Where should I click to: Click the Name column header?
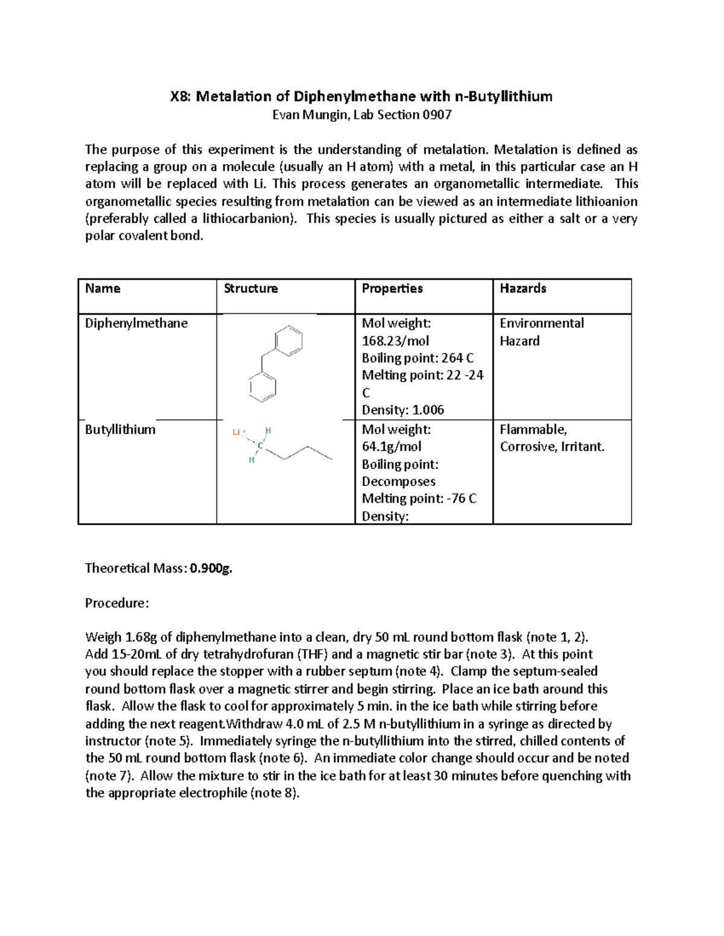point(103,289)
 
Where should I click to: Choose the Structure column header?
point(250,289)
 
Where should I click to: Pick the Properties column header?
point(392,289)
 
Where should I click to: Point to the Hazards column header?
point(522,289)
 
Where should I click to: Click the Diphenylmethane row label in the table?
point(136,324)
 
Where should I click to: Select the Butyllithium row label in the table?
point(120,430)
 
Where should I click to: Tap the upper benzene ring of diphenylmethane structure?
point(289,342)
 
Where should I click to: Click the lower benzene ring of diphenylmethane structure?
point(262,386)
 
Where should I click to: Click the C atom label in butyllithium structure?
point(260,446)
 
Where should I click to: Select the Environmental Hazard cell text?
point(541,332)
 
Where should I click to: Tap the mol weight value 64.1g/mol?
point(391,447)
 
